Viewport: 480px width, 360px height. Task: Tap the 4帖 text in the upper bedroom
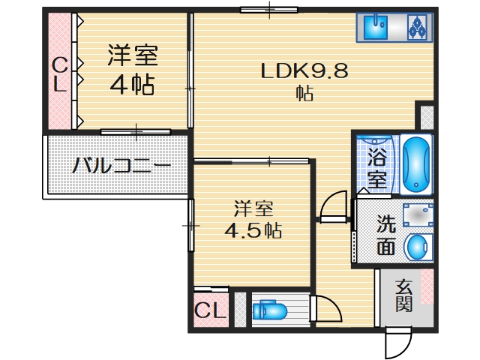[133, 85]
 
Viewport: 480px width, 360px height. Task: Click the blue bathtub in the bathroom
[415, 164]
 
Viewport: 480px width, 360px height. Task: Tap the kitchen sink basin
[375, 28]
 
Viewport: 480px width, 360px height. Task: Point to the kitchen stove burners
[416, 28]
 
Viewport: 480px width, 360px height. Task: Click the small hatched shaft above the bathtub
[426, 116]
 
